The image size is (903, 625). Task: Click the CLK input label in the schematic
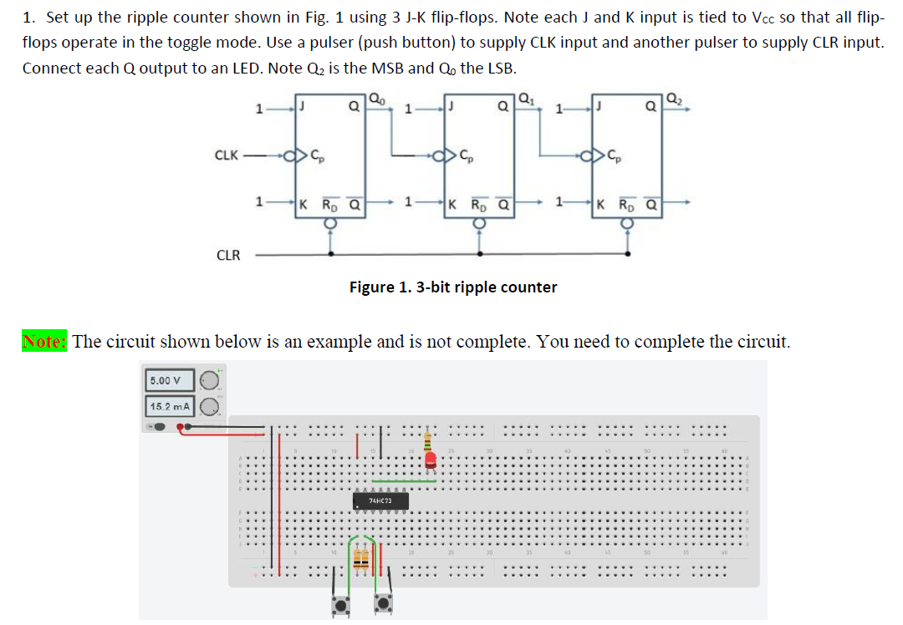(226, 155)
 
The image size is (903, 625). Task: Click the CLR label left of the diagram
(227, 255)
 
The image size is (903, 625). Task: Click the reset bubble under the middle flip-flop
(479, 223)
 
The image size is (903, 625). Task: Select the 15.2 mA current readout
(170, 407)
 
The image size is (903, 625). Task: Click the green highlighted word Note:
(44, 341)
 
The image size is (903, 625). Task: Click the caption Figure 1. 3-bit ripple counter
(452, 287)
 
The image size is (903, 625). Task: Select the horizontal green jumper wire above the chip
(404, 481)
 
